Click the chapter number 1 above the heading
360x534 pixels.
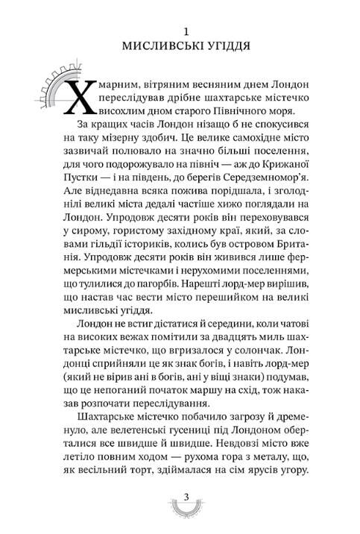[188, 32]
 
